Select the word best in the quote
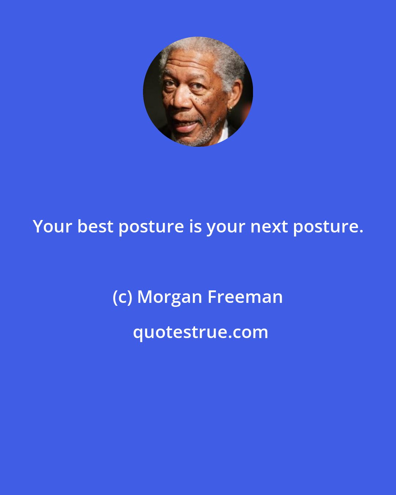95,227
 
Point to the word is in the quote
195,227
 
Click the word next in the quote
269,227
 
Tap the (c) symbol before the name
122,297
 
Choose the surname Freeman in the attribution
245,297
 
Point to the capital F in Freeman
212,297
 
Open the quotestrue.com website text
200,332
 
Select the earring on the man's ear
230,109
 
